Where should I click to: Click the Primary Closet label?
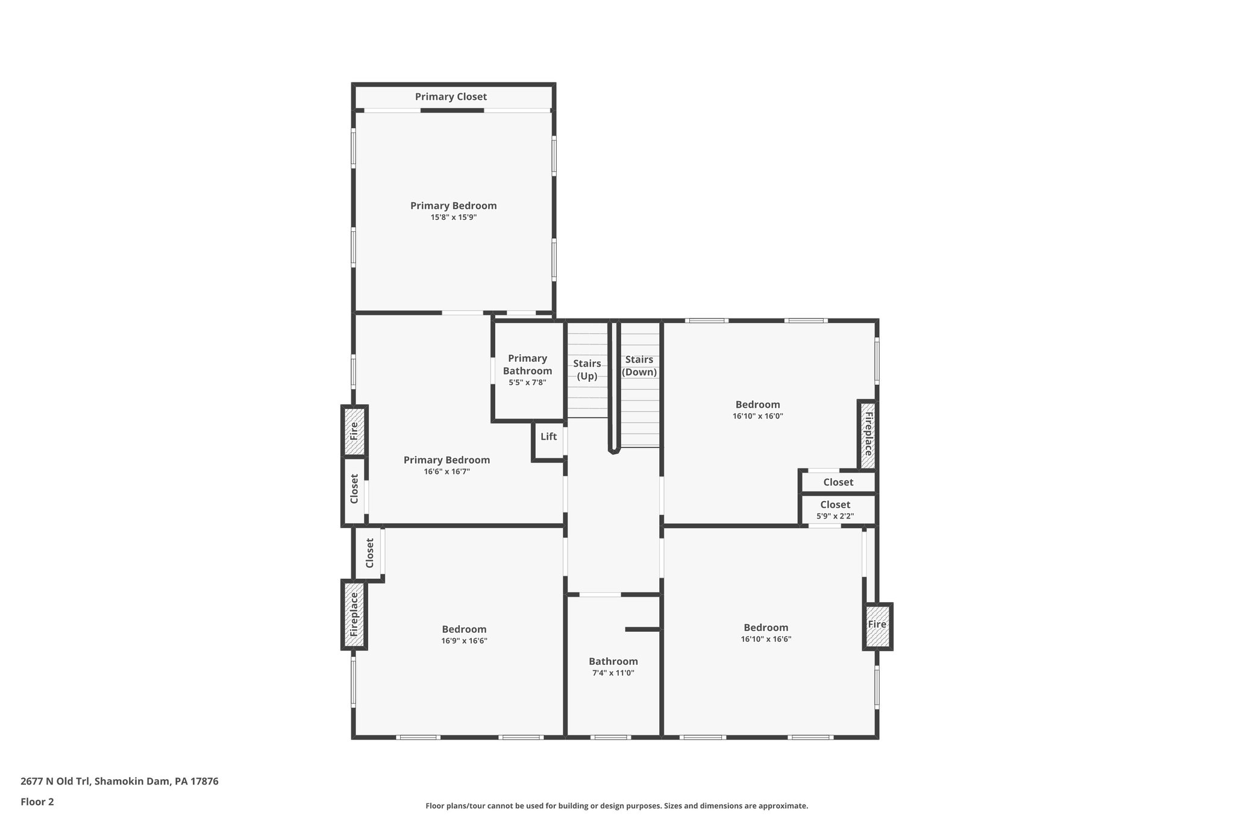point(451,97)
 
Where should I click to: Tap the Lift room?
point(548,437)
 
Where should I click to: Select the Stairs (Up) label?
point(587,370)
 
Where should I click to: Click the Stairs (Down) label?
point(639,366)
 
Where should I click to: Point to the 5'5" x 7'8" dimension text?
point(527,382)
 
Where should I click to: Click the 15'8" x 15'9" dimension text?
point(453,217)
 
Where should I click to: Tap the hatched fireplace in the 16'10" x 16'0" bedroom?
point(868,434)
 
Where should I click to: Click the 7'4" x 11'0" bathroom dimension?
point(613,673)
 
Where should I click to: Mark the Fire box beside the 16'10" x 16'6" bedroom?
point(877,624)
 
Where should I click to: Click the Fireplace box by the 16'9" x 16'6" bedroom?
point(354,614)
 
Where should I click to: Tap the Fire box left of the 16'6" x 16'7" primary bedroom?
point(354,431)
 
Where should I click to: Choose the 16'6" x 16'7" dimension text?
point(446,472)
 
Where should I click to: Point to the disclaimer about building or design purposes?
point(616,806)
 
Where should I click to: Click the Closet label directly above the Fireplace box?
point(370,553)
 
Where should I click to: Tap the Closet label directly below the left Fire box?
point(354,489)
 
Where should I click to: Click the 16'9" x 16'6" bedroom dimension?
point(464,641)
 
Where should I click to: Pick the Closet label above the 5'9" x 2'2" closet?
point(838,482)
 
